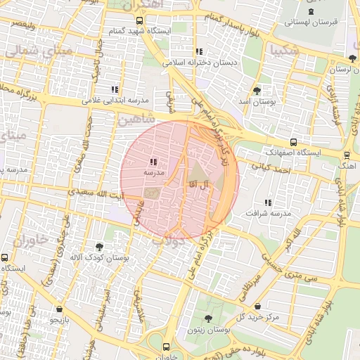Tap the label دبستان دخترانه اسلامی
[200, 62]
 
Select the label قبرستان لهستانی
[311, 22]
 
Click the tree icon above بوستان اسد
[257, 91]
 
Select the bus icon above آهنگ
[346, 155]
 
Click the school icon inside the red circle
[153, 161]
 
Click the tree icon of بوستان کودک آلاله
[99, 247]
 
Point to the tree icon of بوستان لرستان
[351, 58]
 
